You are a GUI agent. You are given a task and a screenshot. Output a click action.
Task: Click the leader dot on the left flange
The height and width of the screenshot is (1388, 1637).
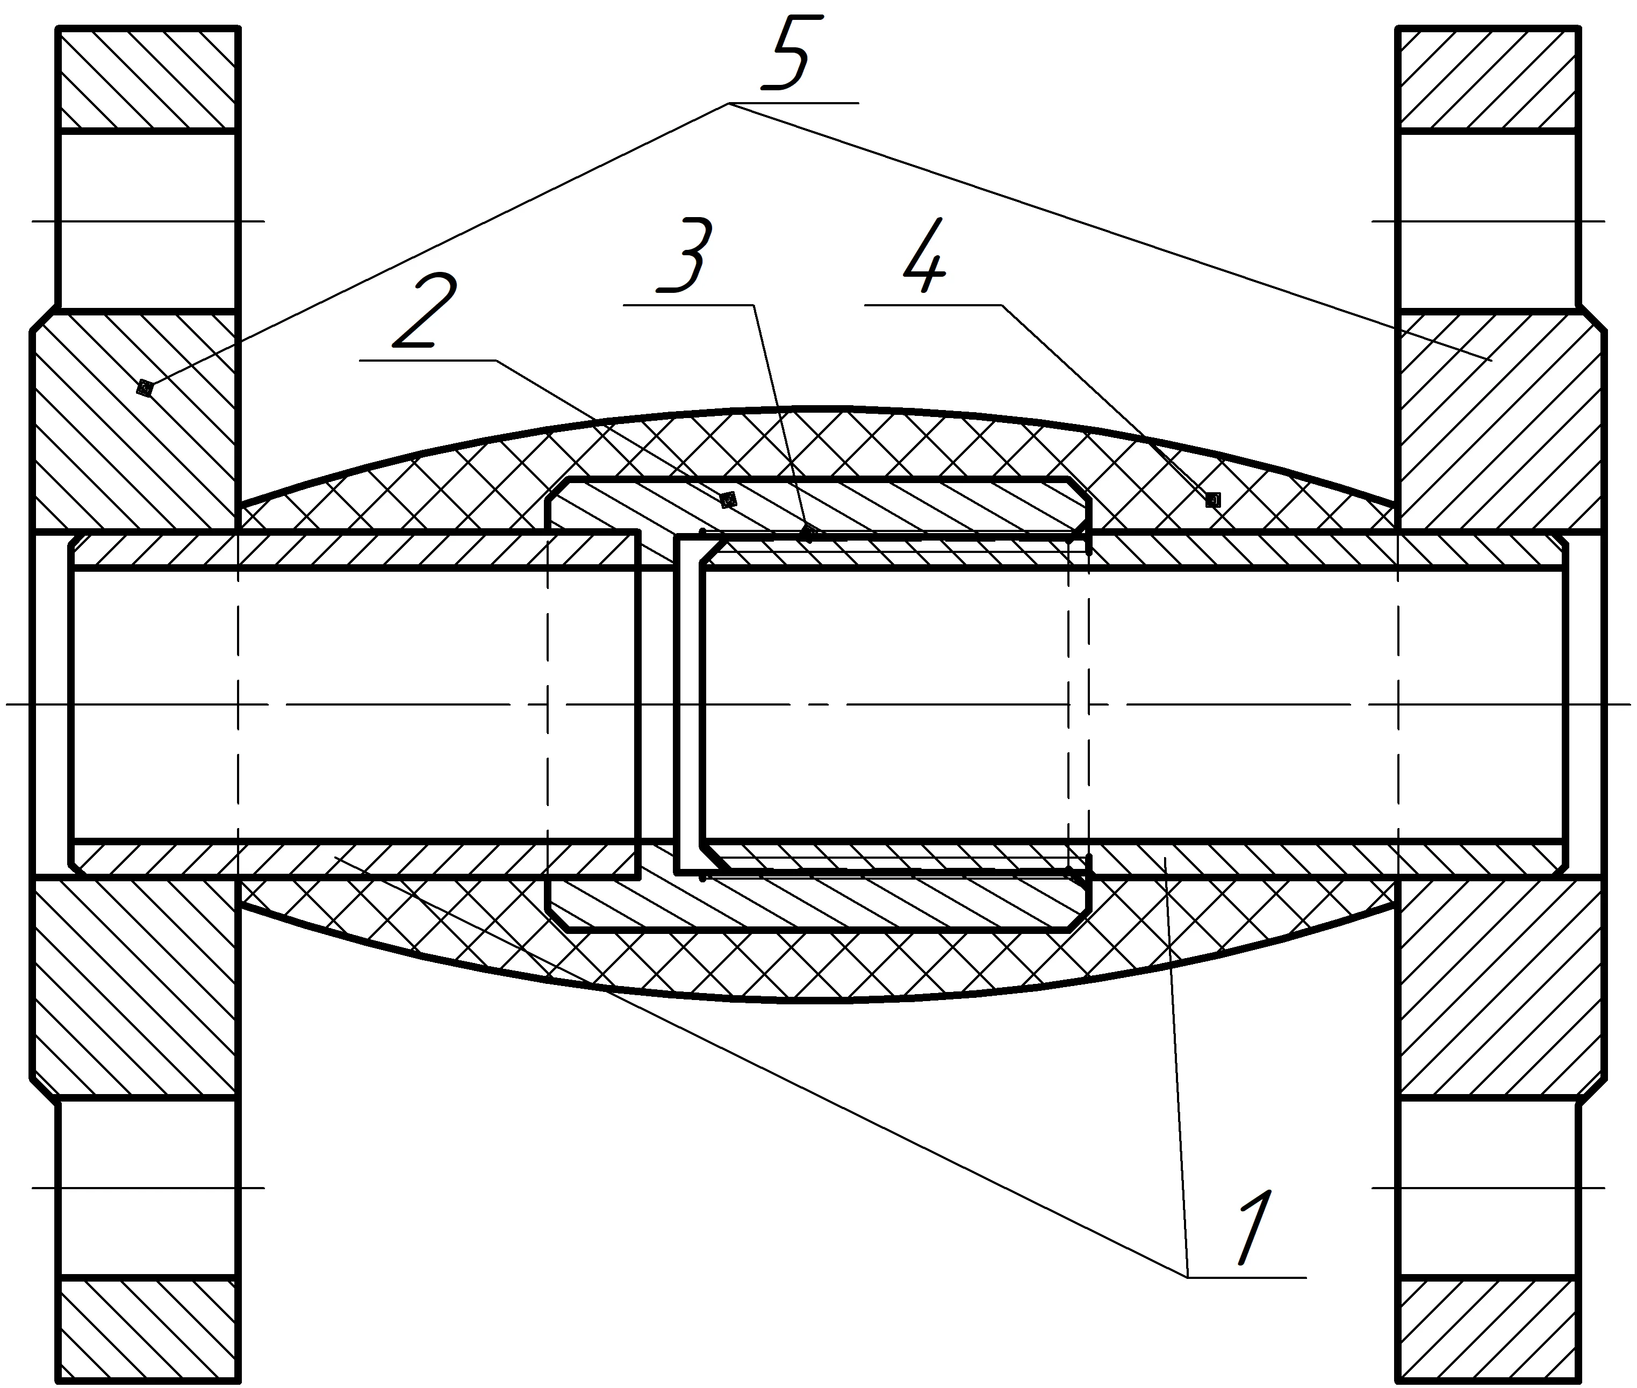click(144, 387)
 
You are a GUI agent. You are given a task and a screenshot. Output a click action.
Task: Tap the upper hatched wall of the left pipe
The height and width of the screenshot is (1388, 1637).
click(354, 550)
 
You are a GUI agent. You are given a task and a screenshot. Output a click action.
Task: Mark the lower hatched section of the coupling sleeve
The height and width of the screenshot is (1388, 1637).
click(818, 903)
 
